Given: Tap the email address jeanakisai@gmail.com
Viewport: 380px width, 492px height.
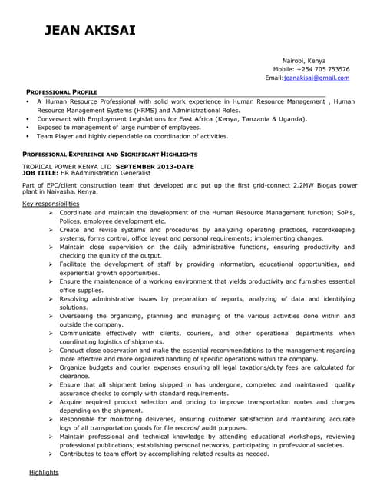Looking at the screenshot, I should (317, 78).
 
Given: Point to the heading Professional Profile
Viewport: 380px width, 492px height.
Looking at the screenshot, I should (62, 91).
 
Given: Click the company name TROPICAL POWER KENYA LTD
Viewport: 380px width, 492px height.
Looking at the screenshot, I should (68, 167).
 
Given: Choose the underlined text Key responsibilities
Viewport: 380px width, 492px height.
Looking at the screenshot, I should (51, 204).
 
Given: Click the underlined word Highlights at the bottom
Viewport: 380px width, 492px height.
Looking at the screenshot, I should (44, 472).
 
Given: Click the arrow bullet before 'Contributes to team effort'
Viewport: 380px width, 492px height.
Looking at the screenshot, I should (50, 454).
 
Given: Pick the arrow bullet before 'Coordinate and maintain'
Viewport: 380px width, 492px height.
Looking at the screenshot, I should (50, 212).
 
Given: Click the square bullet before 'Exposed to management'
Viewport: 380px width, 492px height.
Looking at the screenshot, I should (28, 128).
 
